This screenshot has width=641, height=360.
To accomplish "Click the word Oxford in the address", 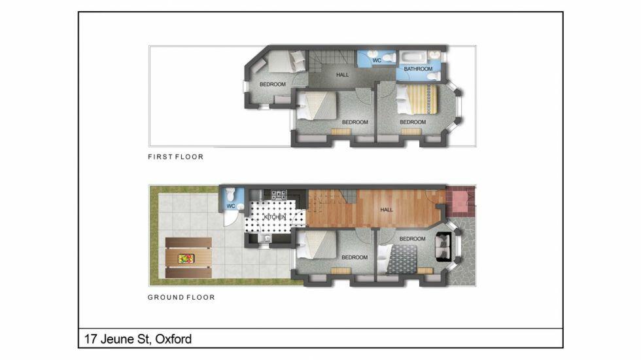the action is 173,339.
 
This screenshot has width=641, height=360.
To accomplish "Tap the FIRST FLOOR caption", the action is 176,156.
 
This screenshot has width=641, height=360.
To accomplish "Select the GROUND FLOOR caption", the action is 182,297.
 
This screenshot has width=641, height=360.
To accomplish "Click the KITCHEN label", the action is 275,217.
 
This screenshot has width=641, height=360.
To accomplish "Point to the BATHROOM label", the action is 418,69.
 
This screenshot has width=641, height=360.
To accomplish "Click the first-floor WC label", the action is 377,60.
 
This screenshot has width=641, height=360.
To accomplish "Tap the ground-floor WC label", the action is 230,206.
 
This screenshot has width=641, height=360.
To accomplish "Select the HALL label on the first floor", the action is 343,75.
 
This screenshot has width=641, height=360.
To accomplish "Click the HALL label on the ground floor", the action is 387,209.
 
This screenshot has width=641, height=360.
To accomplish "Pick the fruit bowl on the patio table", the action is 186,259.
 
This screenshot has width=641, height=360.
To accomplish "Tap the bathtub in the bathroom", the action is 413,56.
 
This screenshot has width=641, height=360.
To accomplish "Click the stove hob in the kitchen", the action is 279,195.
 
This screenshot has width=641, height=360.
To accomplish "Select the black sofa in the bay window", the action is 443,247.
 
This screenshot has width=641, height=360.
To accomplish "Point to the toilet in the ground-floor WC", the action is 230,194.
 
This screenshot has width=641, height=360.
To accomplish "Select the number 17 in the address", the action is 90,339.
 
